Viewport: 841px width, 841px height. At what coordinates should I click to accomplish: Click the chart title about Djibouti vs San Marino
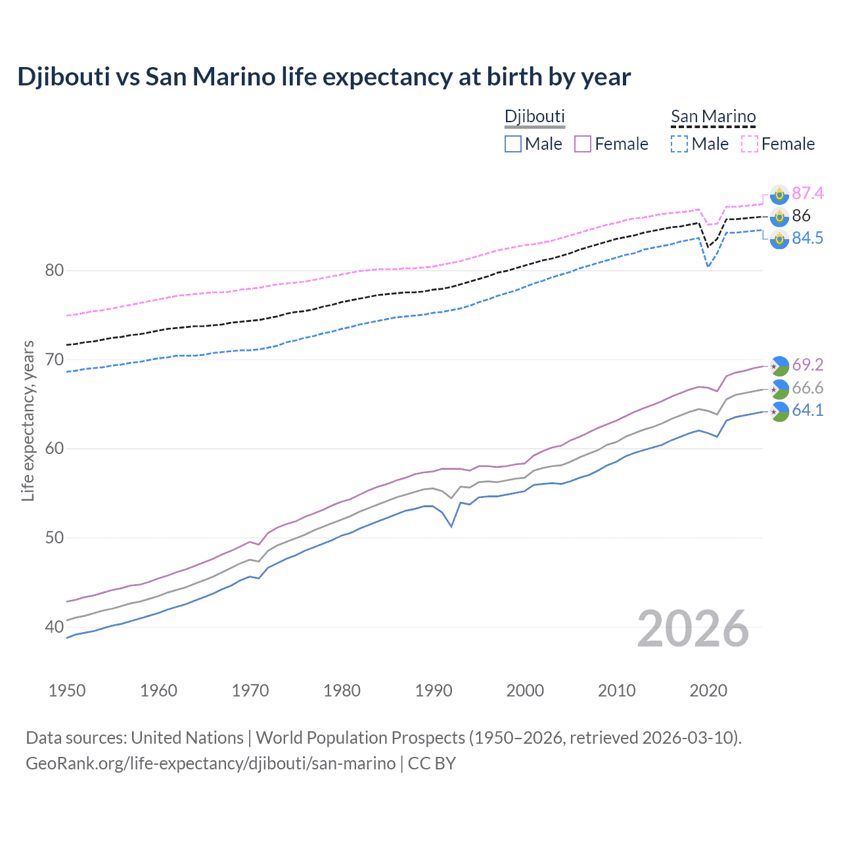click(x=324, y=77)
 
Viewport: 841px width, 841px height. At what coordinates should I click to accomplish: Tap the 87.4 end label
click(x=807, y=193)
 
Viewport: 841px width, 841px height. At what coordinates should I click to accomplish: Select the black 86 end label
click(x=801, y=216)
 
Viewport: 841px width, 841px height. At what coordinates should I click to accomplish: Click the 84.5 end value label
click(x=807, y=238)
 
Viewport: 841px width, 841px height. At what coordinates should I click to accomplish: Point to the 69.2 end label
click(x=807, y=365)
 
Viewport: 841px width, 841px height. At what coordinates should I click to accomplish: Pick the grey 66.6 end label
click(x=807, y=388)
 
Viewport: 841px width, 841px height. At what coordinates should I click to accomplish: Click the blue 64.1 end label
click(x=807, y=410)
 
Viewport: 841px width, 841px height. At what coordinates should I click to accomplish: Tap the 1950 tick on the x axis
click(x=67, y=691)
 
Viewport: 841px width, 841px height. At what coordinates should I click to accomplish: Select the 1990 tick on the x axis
click(x=434, y=691)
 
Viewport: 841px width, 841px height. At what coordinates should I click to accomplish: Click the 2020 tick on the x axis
click(x=708, y=691)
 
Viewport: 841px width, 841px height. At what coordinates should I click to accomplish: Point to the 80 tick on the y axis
click(x=55, y=271)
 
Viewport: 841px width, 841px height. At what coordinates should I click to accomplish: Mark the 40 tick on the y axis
click(x=55, y=627)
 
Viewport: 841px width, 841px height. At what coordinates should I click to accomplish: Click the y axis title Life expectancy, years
click(x=28, y=420)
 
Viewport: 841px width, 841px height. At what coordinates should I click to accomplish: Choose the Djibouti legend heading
click(x=534, y=116)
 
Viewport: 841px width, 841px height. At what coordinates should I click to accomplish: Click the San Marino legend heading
click(x=713, y=116)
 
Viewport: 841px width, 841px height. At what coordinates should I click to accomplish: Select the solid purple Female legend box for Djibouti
click(x=583, y=144)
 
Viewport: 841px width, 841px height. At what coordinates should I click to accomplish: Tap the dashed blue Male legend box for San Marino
click(x=679, y=144)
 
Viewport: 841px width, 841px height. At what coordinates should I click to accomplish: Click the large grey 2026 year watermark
click(x=693, y=629)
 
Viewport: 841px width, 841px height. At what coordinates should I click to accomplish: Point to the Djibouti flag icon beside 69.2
click(x=779, y=365)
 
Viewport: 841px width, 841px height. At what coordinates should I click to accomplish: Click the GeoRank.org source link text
click(x=210, y=763)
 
